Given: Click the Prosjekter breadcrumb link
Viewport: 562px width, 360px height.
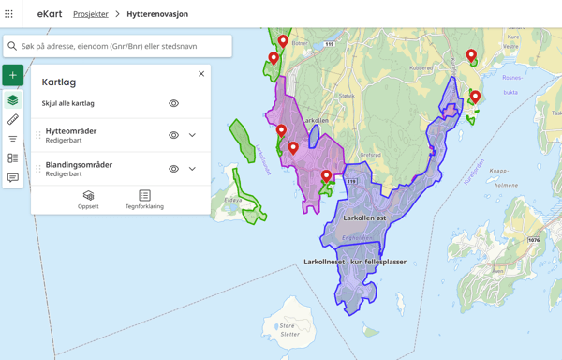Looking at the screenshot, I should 91,14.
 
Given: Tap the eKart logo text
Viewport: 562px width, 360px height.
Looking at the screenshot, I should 50,14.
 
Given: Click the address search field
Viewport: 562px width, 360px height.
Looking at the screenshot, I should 122,46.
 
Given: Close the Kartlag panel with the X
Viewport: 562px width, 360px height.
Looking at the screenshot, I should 201,74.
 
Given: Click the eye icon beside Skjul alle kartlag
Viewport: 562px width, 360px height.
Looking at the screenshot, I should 173,104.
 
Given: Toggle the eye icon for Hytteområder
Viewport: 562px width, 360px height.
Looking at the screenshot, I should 173,135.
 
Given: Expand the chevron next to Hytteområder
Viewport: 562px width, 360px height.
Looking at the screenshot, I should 193,135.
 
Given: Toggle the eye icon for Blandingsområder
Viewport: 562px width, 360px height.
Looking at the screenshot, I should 173,169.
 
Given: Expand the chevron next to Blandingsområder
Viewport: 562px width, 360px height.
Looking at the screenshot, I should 193,169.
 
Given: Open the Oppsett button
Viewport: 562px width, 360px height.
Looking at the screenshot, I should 88,200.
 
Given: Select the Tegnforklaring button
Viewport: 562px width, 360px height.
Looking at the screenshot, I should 144,200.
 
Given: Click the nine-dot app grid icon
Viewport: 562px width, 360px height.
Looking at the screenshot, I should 9,14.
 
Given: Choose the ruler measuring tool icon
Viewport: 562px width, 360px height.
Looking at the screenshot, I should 13,120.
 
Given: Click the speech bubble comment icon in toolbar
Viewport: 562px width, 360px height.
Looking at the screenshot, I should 13,177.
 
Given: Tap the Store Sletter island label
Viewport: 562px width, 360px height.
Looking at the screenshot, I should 289,330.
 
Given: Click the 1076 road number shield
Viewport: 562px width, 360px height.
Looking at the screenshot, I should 534,241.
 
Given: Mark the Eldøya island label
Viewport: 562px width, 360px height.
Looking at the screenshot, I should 233,199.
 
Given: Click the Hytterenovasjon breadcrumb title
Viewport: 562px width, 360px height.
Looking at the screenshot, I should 157,14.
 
